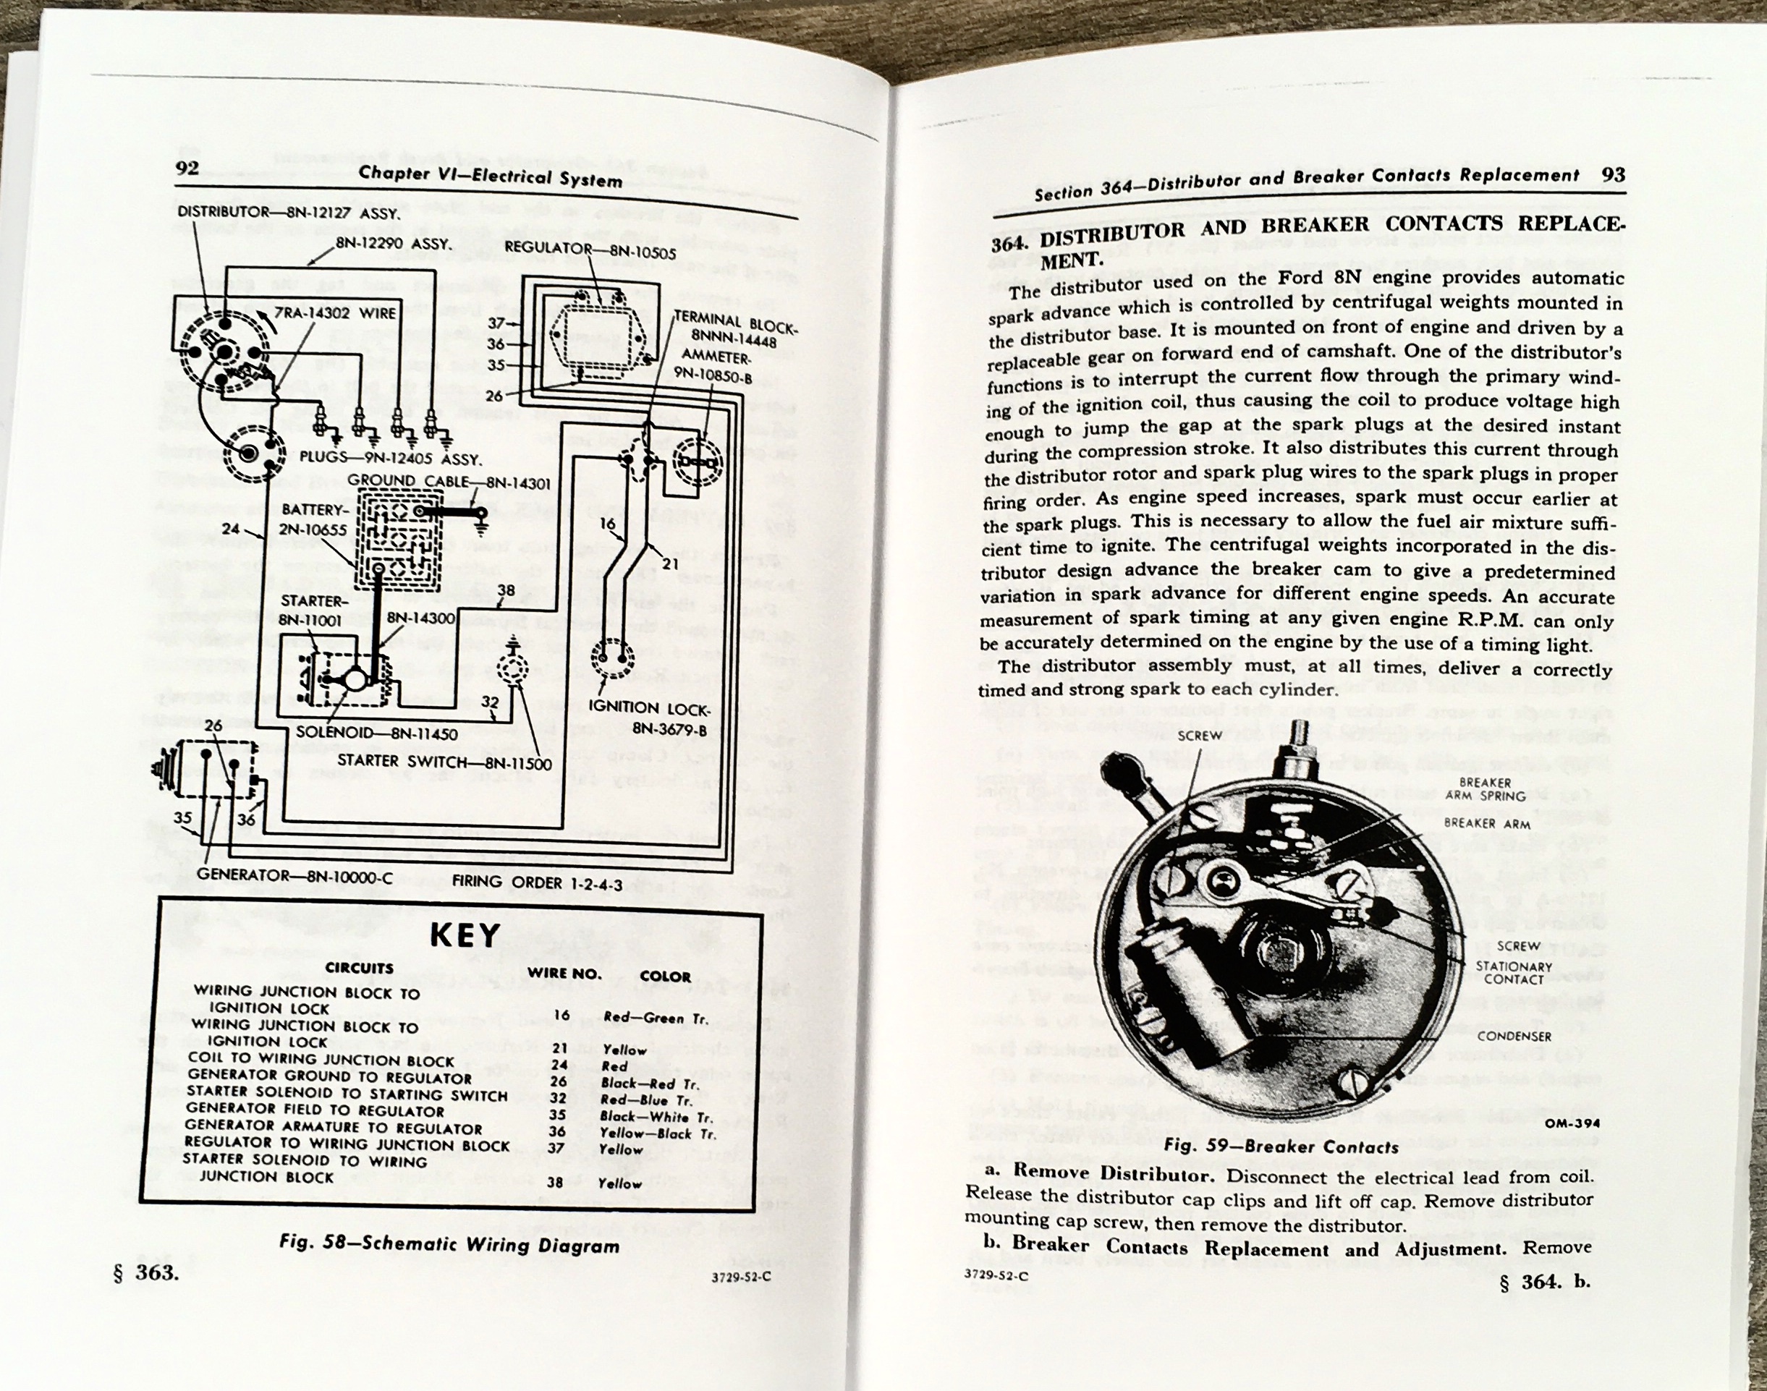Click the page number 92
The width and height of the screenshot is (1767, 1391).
[187, 168]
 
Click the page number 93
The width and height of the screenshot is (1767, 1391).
[1612, 175]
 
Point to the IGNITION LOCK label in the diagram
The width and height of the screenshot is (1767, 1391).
[648, 718]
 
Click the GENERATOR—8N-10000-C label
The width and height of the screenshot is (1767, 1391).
[295, 875]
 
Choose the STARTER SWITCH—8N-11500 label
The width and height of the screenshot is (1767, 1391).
[444, 762]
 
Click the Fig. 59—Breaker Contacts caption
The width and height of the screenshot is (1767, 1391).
[1281, 1147]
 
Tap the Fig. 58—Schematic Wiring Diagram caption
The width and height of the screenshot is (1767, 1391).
[449, 1243]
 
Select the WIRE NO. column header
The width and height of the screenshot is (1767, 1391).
[564, 973]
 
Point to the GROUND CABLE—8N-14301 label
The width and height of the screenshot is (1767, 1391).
[449, 482]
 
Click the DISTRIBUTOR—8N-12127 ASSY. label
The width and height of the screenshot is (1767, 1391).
[287, 213]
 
